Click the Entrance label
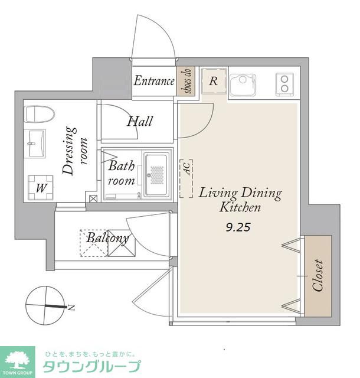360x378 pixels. click(x=154, y=81)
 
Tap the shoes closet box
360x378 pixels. click(x=185, y=81)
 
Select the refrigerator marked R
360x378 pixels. click(x=214, y=81)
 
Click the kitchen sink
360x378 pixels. click(x=243, y=84)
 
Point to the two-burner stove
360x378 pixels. click(x=284, y=84)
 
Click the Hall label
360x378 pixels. click(x=140, y=121)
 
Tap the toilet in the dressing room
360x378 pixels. click(x=40, y=114)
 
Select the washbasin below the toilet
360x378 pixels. click(x=35, y=144)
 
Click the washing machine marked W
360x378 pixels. click(x=41, y=188)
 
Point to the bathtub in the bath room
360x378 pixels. click(x=156, y=175)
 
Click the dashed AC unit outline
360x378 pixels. click(x=186, y=178)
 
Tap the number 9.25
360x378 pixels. click(x=238, y=227)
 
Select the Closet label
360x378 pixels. click(x=318, y=275)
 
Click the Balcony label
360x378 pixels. click(x=107, y=238)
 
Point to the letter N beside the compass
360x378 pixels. click(x=71, y=308)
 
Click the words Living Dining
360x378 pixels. click(x=240, y=194)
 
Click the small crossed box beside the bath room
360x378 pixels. click(x=93, y=198)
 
